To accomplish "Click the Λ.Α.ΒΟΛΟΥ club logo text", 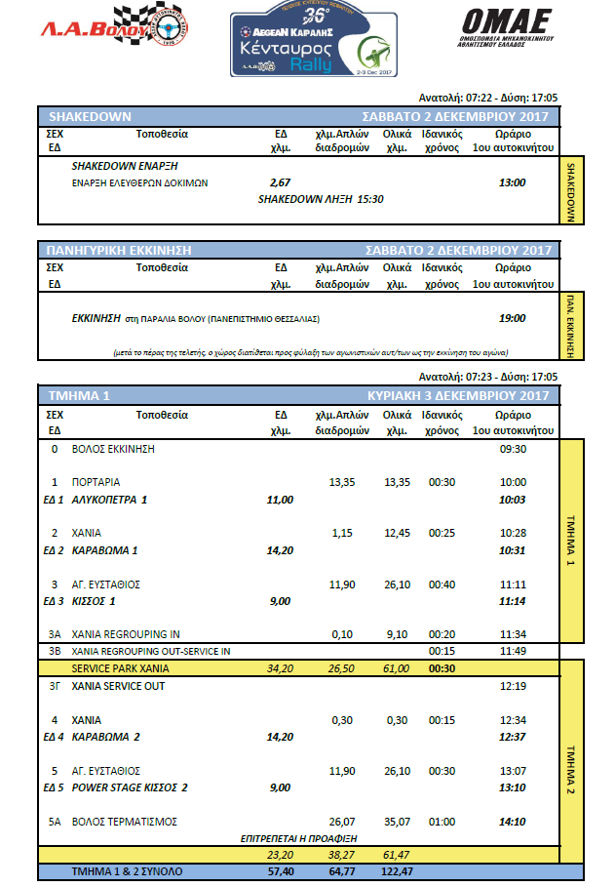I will coord(69,32).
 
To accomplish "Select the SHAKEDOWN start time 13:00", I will coord(512,182).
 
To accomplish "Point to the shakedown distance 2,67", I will coord(280,182).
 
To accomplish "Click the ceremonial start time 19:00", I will coord(512,318).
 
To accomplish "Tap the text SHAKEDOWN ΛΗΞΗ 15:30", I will coord(321,198).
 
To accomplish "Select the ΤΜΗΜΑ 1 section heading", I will coord(80,396).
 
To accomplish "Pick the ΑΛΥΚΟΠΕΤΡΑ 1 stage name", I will coord(110,500).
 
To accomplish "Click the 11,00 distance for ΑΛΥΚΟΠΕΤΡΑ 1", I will coord(280,500).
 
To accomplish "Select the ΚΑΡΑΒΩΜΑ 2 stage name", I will coord(106,736).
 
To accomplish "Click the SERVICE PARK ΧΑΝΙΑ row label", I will coord(121,668).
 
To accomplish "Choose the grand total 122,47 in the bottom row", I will coord(397,870).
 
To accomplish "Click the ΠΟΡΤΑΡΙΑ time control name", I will coord(96,482).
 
